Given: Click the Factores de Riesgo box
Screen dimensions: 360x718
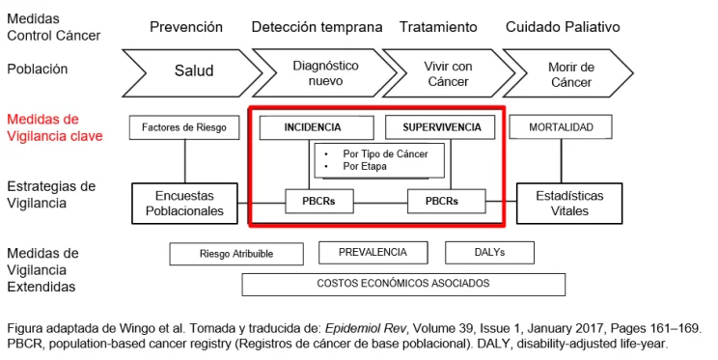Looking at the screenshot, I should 183,127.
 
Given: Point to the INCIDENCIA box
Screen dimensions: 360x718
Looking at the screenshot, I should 313,127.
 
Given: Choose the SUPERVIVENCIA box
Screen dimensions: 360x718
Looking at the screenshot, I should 440,127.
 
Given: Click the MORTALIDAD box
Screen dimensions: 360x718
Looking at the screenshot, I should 561,127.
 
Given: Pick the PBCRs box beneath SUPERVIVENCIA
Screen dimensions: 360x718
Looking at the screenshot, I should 446,203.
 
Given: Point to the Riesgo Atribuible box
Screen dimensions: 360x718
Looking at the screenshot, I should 235,254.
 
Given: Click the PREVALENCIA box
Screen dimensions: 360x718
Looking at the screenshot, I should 372,253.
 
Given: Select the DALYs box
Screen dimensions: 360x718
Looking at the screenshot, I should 489,253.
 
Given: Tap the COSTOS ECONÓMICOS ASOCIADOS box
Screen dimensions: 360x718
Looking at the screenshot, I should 402,284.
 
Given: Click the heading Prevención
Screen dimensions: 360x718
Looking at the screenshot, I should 185,26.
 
